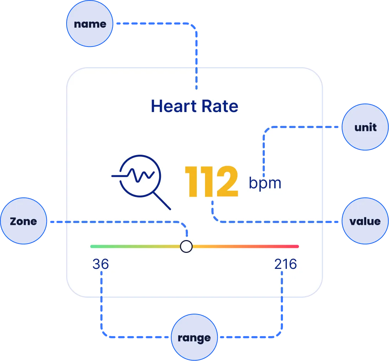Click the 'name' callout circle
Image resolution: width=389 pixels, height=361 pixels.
[90, 23]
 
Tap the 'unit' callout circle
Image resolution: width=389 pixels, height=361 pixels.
[365, 127]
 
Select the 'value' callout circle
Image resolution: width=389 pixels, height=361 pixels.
[365, 221]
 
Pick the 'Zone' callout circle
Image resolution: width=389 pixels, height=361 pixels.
[23, 221]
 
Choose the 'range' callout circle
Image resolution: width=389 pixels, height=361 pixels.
[194, 337]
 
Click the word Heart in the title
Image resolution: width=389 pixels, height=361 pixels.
[174, 106]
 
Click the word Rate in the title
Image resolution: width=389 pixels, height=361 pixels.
[220, 106]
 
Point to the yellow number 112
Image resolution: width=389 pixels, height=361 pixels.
[212, 181]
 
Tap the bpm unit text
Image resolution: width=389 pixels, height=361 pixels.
[265, 184]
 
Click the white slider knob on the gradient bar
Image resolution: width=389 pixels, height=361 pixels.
[186, 246]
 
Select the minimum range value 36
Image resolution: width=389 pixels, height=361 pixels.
[100, 264]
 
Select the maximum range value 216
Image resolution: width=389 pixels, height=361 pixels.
[285, 264]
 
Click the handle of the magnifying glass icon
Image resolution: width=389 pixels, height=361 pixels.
[162, 201]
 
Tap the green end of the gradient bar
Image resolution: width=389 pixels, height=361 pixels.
[92, 246]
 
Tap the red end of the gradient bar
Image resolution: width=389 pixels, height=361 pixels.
[297, 246]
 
